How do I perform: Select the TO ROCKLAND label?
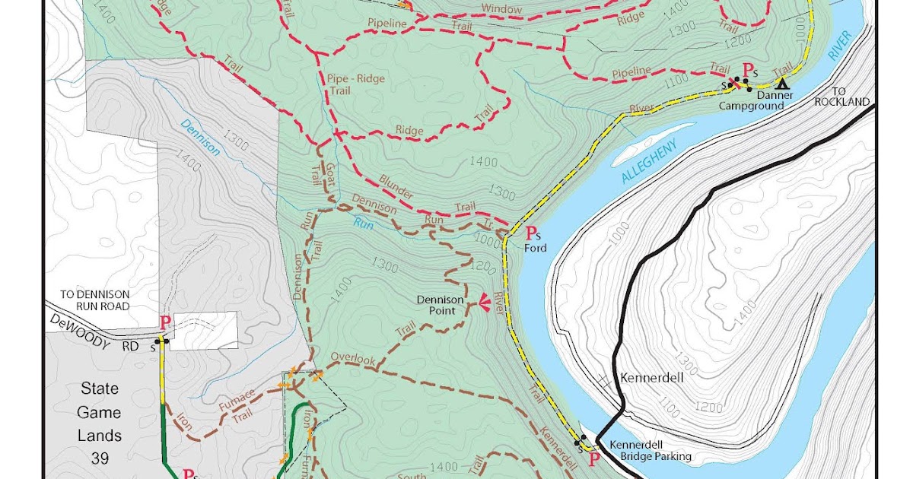[x=841, y=96]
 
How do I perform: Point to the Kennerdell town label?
[x=651, y=377]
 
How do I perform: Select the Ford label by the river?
[x=535, y=248]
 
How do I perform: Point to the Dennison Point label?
[x=441, y=305]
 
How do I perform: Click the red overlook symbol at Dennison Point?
[x=482, y=306]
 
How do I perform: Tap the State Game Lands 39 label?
[x=100, y=423]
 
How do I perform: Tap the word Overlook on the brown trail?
[x=353, y=359]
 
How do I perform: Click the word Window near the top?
[x=501, y=9]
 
